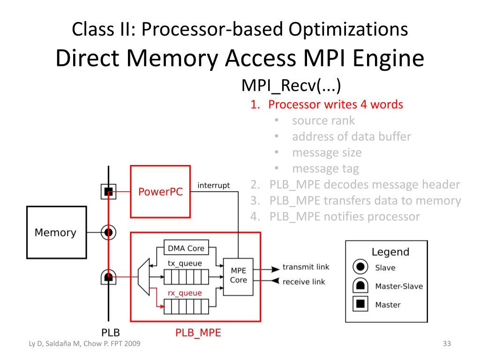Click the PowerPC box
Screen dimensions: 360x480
click(x=160, y=191)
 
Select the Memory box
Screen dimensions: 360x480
click(x=56, y=232)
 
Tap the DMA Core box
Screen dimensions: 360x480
click(x=186, y=247)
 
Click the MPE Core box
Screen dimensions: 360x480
click(x=238, y=275)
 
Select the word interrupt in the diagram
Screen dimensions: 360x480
click(x=214, y=186)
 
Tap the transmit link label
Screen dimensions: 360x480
click(x=306, y=267)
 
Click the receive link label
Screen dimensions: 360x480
click(x=304, y=282)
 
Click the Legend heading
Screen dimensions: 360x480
click(x=390, y=252)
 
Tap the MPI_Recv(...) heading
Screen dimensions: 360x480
click(x=291, y=86)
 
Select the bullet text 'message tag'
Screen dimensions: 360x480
click(x=325, y=168)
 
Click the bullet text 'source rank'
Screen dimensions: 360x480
click(x=323, y=120)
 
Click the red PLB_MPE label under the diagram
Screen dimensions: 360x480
click(x=198, y=333)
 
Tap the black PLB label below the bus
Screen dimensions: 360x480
click(x=111, y=333)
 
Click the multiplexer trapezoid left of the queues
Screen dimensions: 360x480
click(x=144, y=277)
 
